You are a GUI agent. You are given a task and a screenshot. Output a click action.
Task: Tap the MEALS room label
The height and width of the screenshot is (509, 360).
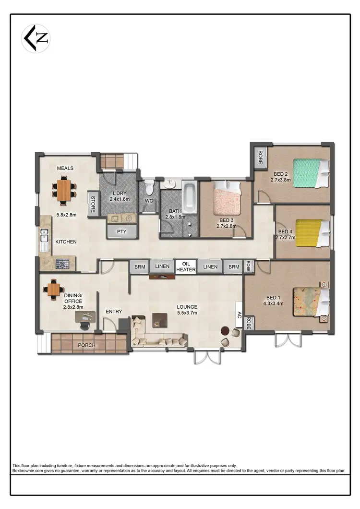point(65,169)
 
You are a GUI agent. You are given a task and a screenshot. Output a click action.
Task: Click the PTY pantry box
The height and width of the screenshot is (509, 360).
point(121,231)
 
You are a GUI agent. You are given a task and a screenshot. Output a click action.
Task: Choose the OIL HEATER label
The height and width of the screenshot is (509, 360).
point(184,267)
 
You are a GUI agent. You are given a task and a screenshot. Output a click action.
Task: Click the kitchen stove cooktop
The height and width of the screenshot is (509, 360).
point(63,264)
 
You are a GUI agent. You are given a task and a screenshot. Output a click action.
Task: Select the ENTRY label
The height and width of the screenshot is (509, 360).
point(114,312)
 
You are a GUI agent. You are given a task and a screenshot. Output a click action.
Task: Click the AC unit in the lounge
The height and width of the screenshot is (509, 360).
point(238,315)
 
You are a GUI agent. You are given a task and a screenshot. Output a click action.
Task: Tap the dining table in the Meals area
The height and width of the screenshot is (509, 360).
point(64,189)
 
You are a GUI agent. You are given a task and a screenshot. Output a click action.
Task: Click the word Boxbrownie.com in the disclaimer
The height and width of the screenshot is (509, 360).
point(27,471)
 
